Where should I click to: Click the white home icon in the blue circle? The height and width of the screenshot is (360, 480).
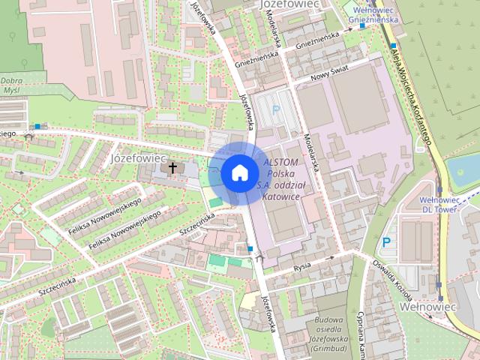click(238, 172)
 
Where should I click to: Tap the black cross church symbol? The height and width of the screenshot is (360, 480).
click(173, 168)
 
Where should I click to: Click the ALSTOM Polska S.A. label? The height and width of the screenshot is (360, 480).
click(281, 179)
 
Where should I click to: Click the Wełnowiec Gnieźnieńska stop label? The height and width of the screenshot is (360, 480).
click(374, 15)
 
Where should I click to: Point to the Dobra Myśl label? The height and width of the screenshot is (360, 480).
click(10, 84)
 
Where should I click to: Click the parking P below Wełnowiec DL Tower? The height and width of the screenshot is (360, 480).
click(387, 242)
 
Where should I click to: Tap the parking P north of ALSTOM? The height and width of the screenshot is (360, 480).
click(276, 109)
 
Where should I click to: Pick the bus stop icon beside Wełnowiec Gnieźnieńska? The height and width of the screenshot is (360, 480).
click(362, 26)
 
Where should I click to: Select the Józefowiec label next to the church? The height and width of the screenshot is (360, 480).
click(137, 159)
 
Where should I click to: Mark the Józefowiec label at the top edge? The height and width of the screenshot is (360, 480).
click(289, 4)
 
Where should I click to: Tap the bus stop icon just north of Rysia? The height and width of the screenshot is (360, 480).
click(250, 248)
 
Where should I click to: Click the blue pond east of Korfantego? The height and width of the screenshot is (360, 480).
click(463, 172)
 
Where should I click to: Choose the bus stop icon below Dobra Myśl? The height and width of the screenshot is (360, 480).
click(37, 126)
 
